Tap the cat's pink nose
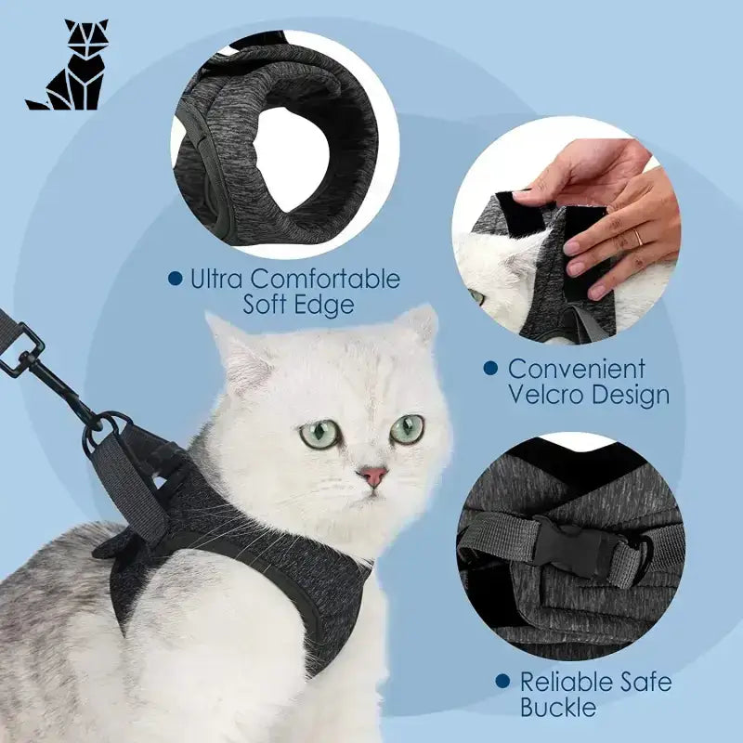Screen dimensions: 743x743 click(372, 476)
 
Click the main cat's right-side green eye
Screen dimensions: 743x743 click(407, 429)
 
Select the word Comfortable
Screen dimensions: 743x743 click(325, 280)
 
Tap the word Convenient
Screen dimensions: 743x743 click(577, 369)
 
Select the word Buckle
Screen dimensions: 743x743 click(558, 708)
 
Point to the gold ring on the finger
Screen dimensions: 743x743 click(638, 236)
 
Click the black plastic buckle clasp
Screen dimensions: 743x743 click(574, 546)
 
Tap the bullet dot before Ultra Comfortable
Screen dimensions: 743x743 click(176, 278)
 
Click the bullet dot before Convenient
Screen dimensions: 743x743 click(491, 369)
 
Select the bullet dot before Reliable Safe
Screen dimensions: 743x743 click(502, 682)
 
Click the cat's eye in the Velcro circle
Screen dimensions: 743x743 click(476, 297)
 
